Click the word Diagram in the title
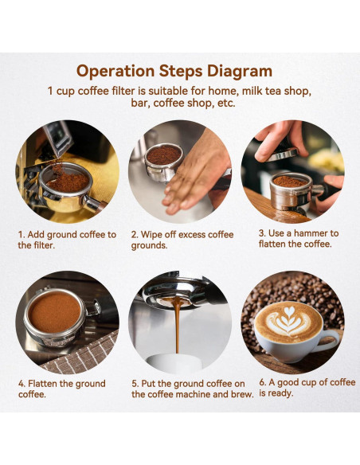[x=239, y=71]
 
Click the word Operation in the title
[x=115, y=72]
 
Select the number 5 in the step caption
[x=135, y=384]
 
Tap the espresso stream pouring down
[x=177, y=326]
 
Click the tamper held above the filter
[x=283, y=154]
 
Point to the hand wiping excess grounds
[x=196, y=174]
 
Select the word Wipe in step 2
[x=151, y=235]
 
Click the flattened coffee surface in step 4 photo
[x=55, y=312]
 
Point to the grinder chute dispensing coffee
[x=58, y=139]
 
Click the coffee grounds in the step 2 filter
[x=164, y=155]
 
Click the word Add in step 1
[x=36, y=235]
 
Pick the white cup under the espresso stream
[x=175, y=361]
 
